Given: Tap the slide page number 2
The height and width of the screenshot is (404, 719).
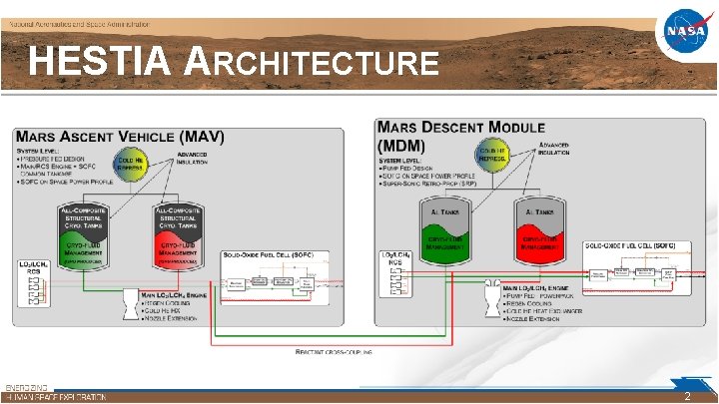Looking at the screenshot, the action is coord(686,396).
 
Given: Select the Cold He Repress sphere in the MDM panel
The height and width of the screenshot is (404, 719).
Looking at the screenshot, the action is coord(494,155).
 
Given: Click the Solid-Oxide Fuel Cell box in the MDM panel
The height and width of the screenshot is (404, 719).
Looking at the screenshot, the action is coord(630,271).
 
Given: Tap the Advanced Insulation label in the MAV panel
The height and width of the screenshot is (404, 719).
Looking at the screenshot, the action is coord(192,159).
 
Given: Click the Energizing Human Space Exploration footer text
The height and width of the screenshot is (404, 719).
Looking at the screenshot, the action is coord(55,392).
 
